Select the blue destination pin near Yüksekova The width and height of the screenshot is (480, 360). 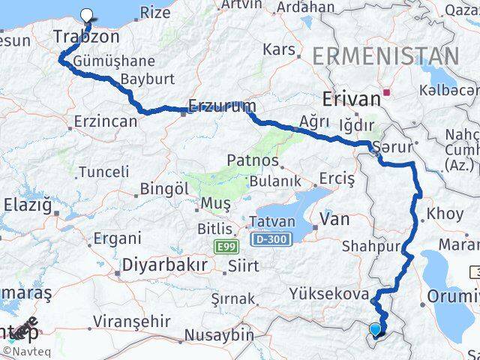pyautogui.click(x=376, y=328)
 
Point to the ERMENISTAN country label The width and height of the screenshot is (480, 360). pyautogui.click(x=385, y=55)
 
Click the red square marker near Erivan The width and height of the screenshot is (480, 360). pyautogui.click(x=387, y=93)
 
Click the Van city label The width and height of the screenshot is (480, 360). pyautogui.click(x=334, y=219)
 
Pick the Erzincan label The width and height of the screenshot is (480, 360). pyautogui.click(x=106, y=121)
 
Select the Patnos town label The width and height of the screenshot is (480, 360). pyautogui.click(x=253, y=160)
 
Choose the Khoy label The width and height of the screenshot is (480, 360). pyautogui.click(x=445, y=214)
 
